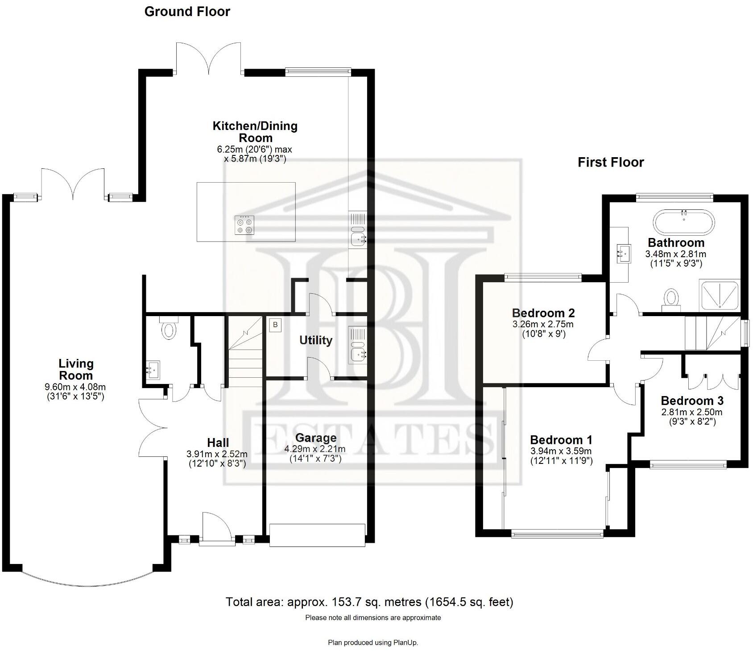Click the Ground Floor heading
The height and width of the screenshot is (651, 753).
pyautogui.click(x=187, y=12)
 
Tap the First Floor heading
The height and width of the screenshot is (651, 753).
pyautogui.click(x=610, y=162)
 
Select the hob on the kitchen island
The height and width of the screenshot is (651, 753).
pyautogui.click(x=245, y=225)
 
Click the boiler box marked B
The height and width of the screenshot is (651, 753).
pyautogui.click(x=275, y=325)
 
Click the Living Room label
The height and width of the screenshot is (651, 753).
pyautogui.click(x=76, y=369)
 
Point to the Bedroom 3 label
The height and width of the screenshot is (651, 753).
pyautogui.click(x=692, y=401)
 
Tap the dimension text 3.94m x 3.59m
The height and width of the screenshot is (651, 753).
pyautogui.click(x=561, y=451)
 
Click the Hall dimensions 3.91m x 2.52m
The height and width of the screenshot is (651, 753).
pyautogui.click(x=217, y=454)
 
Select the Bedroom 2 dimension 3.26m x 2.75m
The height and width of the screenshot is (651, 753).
pyautogui.click(x=543, y=324)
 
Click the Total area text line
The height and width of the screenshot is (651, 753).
pyautogui.click(x=369, y=602)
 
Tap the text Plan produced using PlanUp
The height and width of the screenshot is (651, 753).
pyautogui.click(x=373, y=643)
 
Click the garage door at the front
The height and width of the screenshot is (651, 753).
pyautogui.click(x=317, y=535)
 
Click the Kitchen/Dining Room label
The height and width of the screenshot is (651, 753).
pyautogui.click(x=255, y=131)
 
